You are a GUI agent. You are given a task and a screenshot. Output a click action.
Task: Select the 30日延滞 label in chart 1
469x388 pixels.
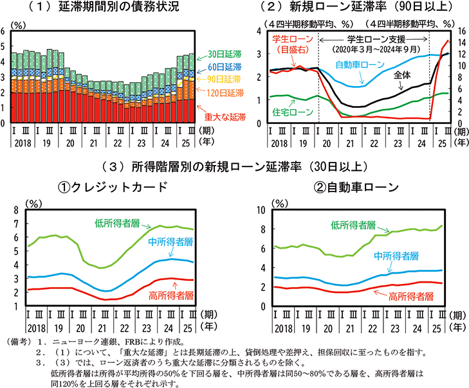coord(225,55)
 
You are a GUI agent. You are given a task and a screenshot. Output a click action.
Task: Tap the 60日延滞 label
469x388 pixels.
coord(225,67)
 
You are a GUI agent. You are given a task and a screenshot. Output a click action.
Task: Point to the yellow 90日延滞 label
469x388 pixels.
coord(225,80)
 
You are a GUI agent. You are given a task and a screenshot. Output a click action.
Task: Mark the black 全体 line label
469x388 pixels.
coord(402,75)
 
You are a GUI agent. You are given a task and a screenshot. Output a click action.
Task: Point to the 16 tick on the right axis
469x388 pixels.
coord(461,31)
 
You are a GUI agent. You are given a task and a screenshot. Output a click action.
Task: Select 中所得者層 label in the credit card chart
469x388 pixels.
coord(169,242)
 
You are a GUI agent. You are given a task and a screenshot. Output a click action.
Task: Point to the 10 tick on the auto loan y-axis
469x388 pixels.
coord(261,210)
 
